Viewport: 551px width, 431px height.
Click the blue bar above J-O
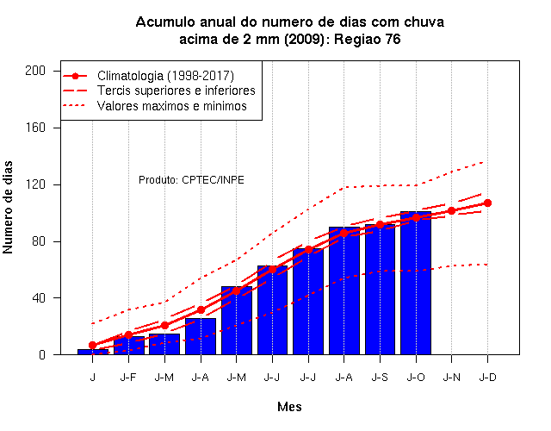pyautogui.click(x=416, y=283)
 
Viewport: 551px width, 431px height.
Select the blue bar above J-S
pyautogui.click(x=380, y=290)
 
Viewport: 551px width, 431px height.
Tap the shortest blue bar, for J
pyautogui.click(x=93, y=352)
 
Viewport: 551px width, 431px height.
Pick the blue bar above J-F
pyautogui.click(x=128, y=346)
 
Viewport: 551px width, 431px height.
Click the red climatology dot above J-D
pyautogui.click(x=487, y=203)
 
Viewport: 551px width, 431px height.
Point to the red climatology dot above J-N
pyautogui.click(x=451, y=210)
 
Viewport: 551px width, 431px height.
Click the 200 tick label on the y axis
pyautogui.click(x=35, y=71)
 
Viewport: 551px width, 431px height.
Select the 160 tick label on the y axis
pyautogui.click(x=35, y=128)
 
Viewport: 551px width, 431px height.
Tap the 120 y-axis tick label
pyautogui.click(x=35, y=184)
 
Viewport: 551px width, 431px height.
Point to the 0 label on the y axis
pyautogui.click(x=42, y=354)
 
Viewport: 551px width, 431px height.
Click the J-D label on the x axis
pyautogui.click(x=487, y=378)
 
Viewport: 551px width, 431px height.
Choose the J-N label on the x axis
pyautogui.click(x=451, y=378)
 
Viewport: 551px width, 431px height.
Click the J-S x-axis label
pyautogui.click(x=380, y=378)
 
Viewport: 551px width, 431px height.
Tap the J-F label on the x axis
pyautogui.click(x=128, y=378)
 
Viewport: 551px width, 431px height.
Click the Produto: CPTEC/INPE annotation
pyautogui.click(x=191, y=180)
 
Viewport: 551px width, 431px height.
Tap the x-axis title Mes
pyautogui.click(x=289, y=407)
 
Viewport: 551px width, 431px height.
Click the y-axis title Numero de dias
pyautogui.click(x=8, y=208)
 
